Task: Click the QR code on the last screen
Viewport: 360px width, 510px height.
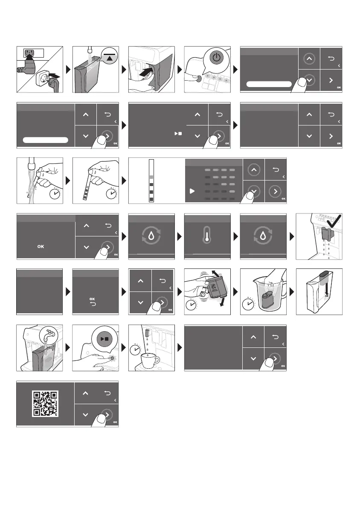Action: pos(46,404)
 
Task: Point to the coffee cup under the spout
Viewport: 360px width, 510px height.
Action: pos(149,361)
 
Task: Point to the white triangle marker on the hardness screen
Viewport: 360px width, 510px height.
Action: pos(192,191)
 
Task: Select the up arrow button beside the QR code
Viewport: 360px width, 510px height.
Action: pos(86,393)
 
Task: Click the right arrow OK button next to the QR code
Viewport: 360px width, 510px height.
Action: pos(107,414)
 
